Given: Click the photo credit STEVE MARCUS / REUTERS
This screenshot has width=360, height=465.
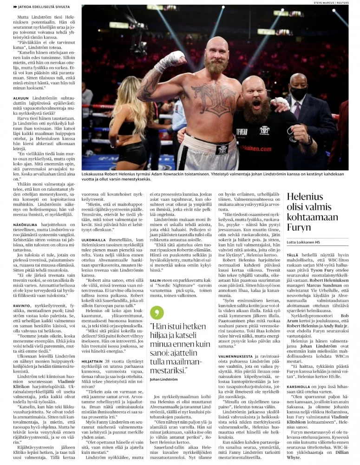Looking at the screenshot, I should (332, 2).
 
